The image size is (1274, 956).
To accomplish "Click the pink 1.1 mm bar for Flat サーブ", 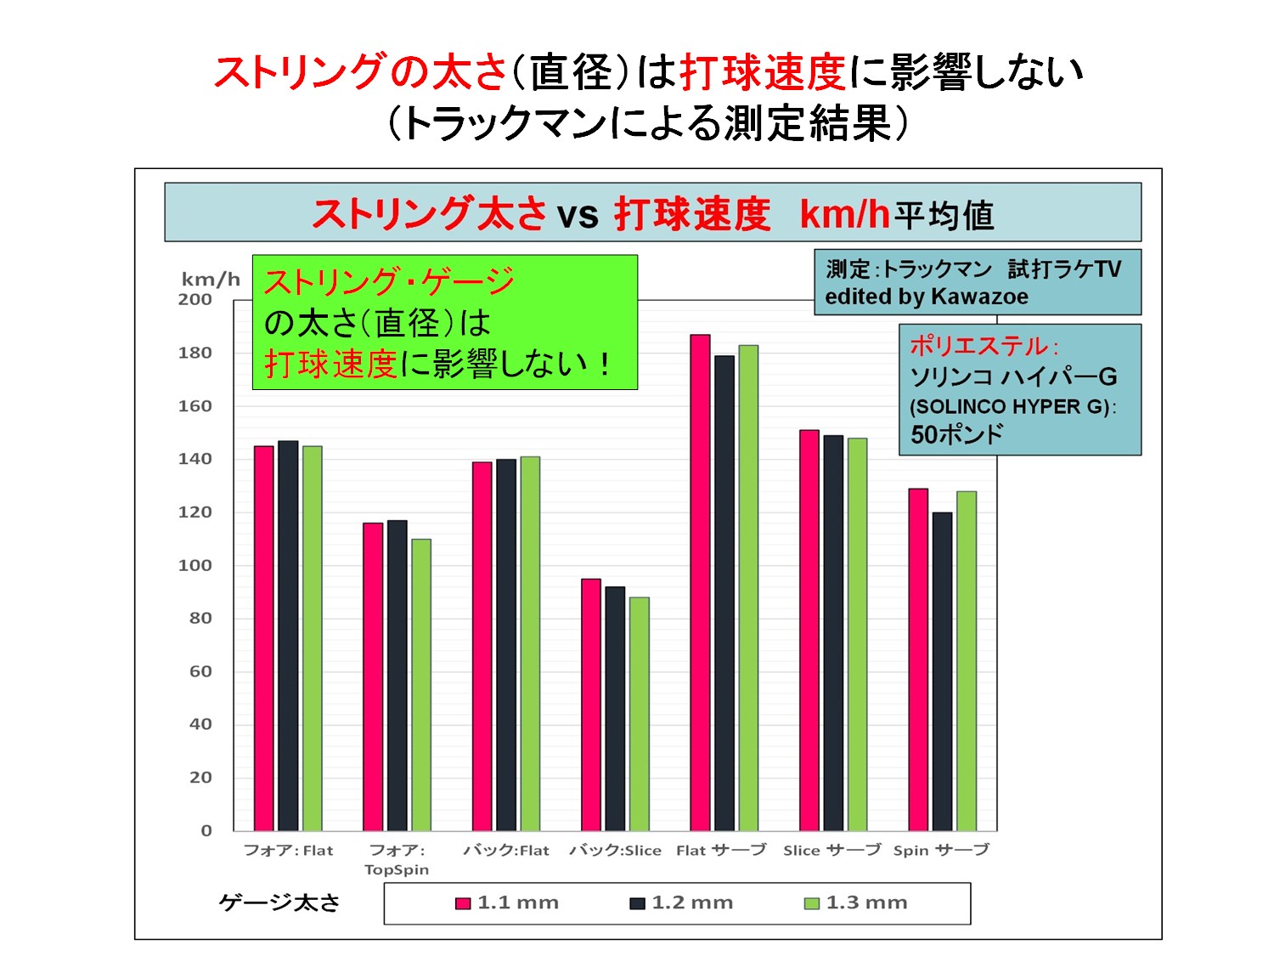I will [x=700, y=583].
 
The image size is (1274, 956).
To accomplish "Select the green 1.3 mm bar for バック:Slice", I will [x=639, y=714].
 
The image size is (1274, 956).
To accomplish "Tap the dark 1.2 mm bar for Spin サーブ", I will [x=942, y=671].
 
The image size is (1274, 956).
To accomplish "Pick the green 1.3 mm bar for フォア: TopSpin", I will [x=421, y=685].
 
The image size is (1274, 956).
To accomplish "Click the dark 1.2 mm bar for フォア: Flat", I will [x=288, y=636].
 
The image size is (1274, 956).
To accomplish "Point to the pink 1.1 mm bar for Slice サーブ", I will [x=809, y=631].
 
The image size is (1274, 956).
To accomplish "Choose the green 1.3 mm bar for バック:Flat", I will [x=530, y=643].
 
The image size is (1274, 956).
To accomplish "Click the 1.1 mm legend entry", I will [x=507, y=902].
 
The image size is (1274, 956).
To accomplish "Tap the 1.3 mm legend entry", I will [x=856, y=902].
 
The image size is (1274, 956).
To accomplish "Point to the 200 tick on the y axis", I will [x=195, y=299].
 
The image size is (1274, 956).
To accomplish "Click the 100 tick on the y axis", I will [x=195, y=565].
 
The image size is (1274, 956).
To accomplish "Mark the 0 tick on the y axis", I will [x=206, y=830].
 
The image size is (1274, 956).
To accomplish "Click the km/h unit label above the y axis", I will [x=211, y=280].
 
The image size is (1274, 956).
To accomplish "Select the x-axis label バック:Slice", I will [x=615, y=851].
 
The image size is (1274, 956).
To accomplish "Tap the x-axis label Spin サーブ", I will [x=941, y=851].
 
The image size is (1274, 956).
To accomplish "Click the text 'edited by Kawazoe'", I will [x=927, y=297].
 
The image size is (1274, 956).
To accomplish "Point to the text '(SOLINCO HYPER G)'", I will [x=1012, y=406].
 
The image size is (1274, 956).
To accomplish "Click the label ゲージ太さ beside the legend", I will [x=279, y=902].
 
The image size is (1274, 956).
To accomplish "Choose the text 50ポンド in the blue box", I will [x=956, y=435].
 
